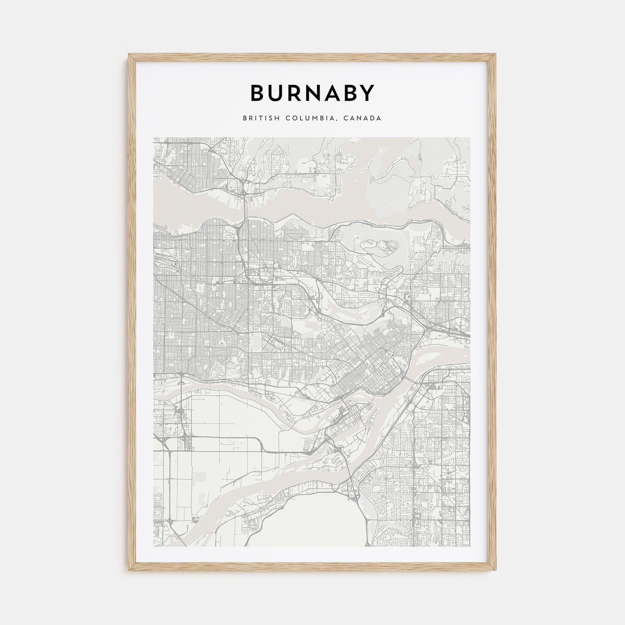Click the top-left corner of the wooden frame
click(x=129, y=54)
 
